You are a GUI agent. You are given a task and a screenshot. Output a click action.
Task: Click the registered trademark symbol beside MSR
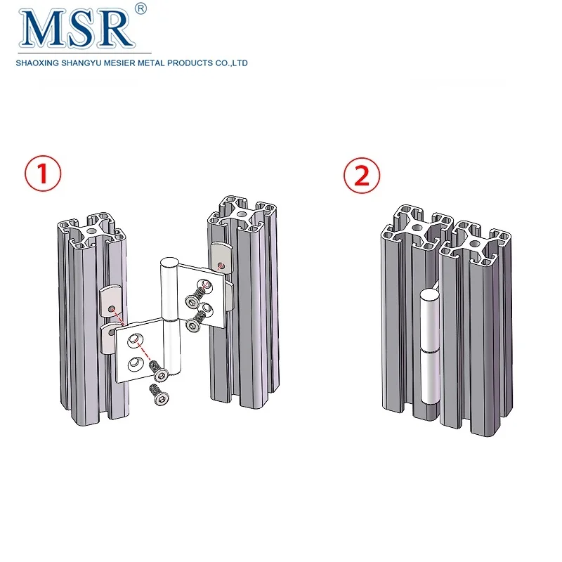point(140,9)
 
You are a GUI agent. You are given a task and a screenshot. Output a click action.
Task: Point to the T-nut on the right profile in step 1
point(221,256)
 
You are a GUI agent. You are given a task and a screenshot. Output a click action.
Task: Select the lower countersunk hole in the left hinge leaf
point(133,364)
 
